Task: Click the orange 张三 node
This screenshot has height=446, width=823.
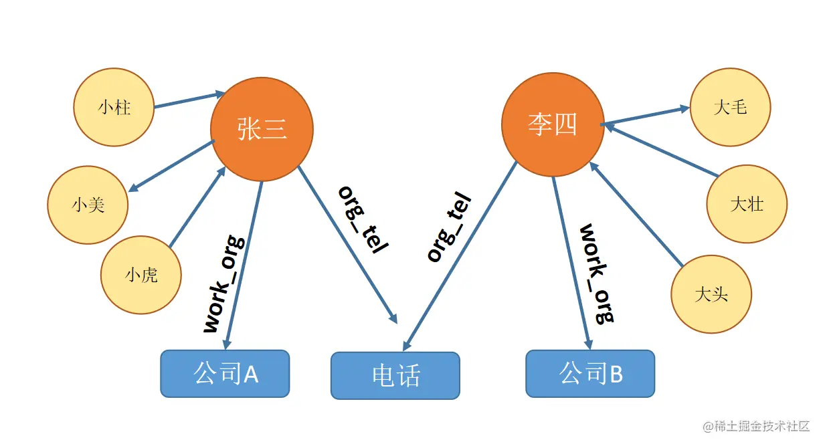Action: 262,128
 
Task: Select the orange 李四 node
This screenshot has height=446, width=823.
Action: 553,125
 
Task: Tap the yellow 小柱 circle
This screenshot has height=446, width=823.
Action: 114,107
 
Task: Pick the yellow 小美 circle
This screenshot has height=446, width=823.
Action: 88,204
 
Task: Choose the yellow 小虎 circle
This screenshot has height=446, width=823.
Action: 141,274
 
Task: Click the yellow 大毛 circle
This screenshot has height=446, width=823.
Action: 730,107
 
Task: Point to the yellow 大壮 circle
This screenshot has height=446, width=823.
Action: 747,204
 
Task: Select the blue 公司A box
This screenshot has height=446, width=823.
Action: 225,374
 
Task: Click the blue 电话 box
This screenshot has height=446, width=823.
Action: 395,376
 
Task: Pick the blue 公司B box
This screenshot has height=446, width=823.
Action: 590,374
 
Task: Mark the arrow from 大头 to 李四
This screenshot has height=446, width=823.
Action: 636,214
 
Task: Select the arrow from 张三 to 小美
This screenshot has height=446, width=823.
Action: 171,167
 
